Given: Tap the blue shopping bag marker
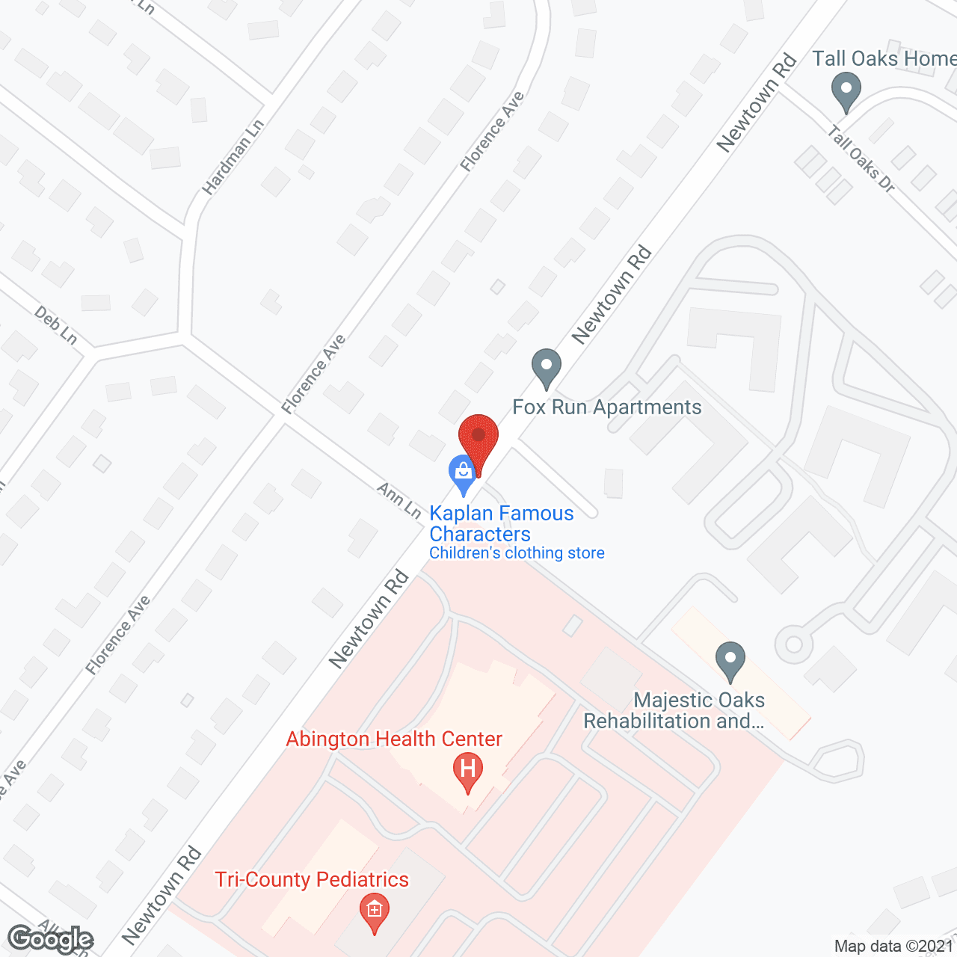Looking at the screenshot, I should (463, 473).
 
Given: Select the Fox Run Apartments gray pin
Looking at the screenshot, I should (547, 367).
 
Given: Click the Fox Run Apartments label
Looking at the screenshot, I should (607, 407).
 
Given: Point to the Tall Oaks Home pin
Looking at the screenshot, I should (846, 90).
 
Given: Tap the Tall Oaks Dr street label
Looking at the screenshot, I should (861, 159).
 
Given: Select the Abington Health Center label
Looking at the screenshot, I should (394, 739).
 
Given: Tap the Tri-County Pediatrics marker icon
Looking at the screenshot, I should (375, 911).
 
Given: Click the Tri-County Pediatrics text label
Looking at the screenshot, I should (312, 879).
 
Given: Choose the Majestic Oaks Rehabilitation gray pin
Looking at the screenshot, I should (730, 661).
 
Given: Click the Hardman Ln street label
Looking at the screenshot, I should (233, 157).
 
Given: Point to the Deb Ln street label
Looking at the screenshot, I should (56, 326).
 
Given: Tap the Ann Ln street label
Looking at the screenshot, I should (399, 499).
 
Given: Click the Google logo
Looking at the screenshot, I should (50, 939).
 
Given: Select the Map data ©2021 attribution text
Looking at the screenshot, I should (894, 946).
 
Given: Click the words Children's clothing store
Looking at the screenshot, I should (517, 553).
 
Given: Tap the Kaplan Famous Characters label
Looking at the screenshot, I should (501, 523).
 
